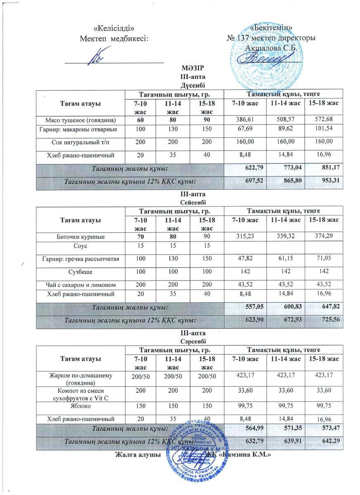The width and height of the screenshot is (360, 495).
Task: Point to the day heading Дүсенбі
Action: click(193, 85)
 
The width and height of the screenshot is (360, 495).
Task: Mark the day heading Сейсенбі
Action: click(193, 202)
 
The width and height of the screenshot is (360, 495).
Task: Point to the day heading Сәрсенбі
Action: click(193, 341)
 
